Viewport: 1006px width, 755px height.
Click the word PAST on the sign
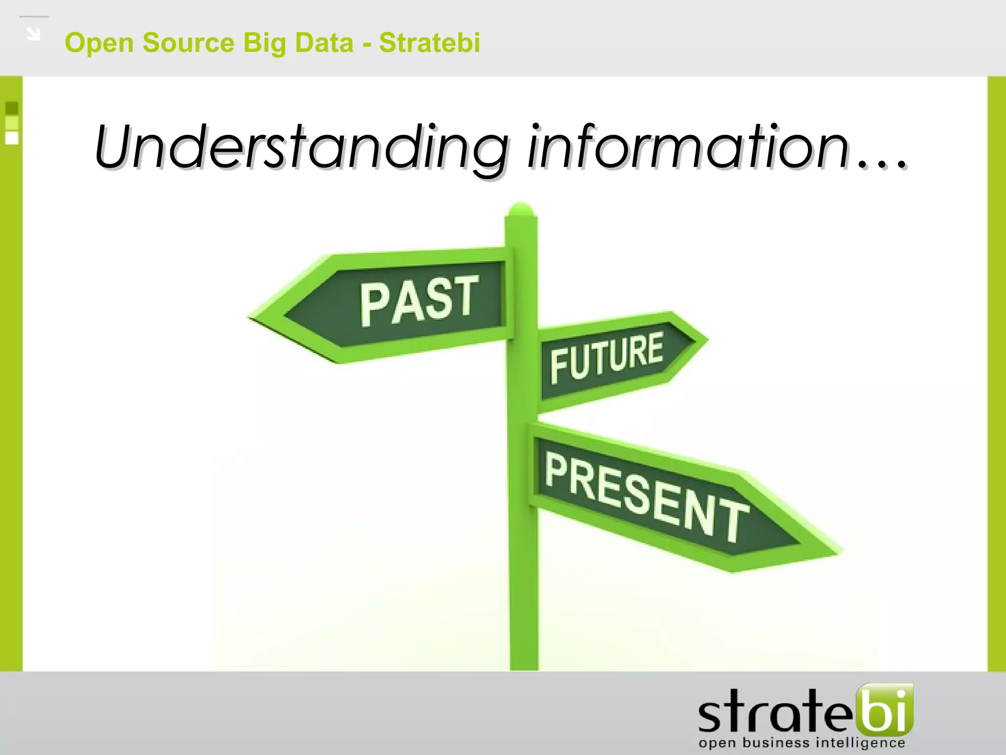pyautogui.click(x=419, y=301)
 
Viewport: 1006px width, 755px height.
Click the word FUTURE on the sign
pyautogui.click(x=606, y=357)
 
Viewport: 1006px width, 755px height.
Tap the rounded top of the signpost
pyautogui.click(x=521, y=208)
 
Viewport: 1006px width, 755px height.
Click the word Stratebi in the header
pyautogui.click(x=429, y=43)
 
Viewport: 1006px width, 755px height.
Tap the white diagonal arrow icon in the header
pyautogui.click(x=33, y=34)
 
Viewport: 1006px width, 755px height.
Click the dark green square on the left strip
pyautogui.click(x=12, y=108)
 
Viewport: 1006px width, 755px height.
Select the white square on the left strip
pyautogui.click(x=12, y=138)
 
